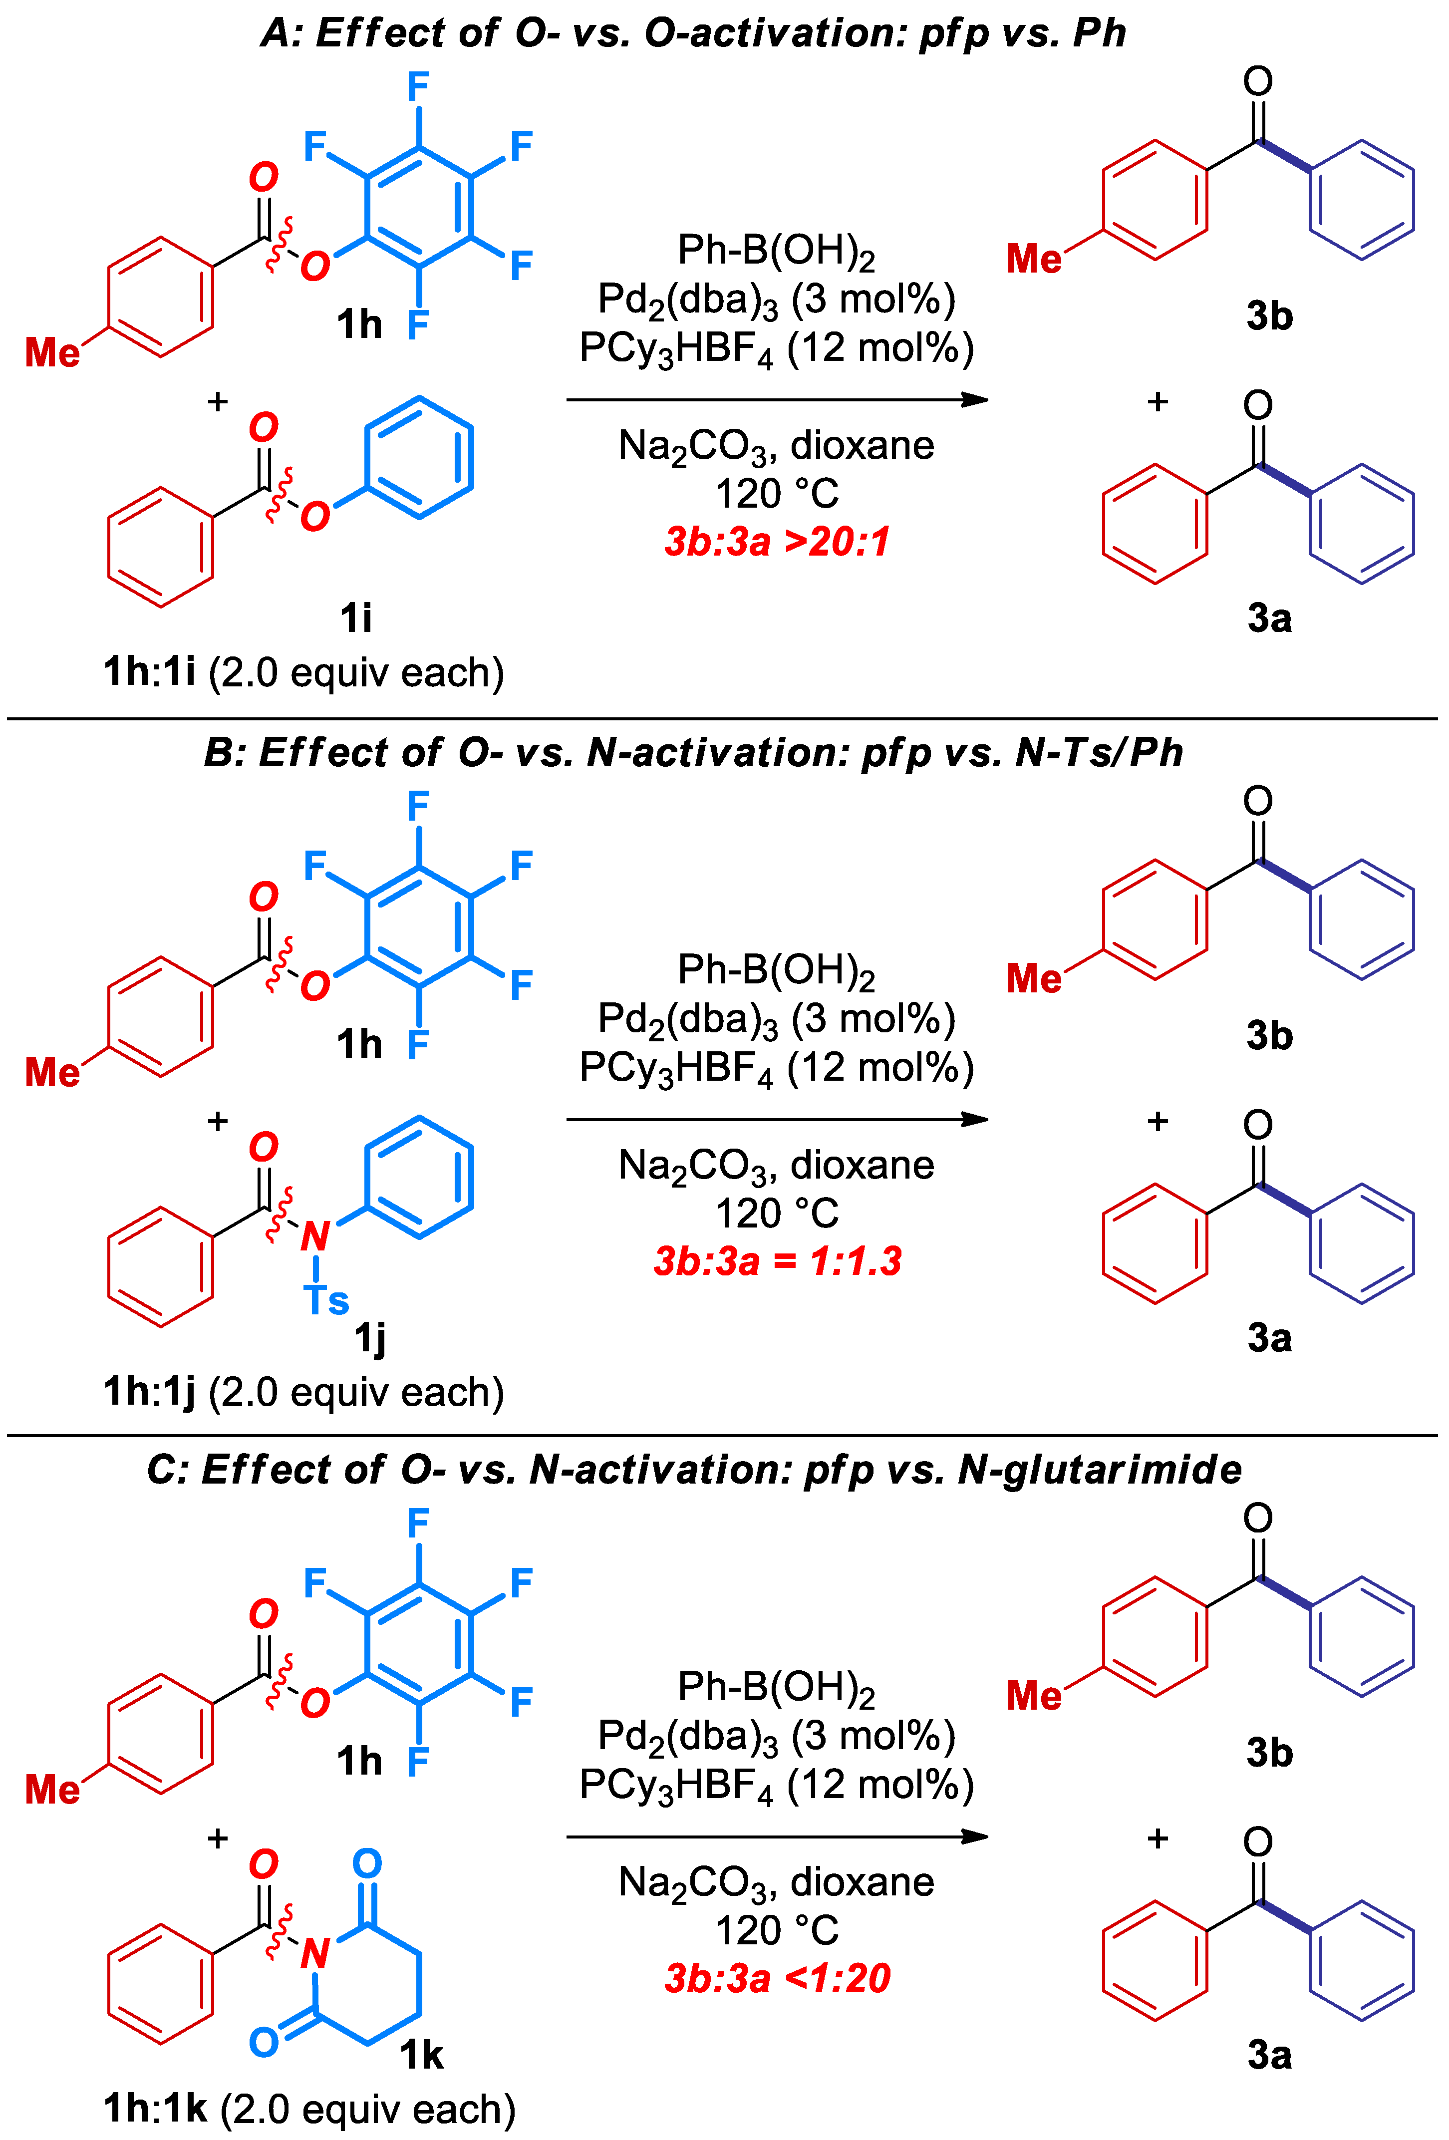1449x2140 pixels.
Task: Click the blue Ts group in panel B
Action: [326, 1300]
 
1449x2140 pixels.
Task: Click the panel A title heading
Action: [692, 33]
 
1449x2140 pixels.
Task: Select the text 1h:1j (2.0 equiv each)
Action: [304, 1392]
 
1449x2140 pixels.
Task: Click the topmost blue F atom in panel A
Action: [418, 88]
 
